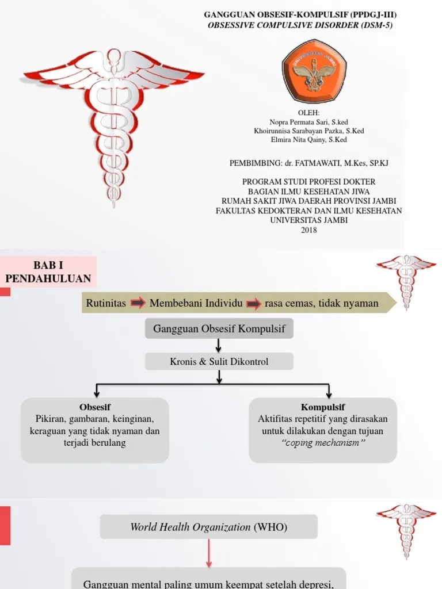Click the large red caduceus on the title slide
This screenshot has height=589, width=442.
(113, 121)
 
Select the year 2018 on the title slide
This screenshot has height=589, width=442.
(309, 230)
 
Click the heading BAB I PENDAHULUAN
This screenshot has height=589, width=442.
(48, 272)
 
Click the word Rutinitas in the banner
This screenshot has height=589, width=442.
(106, 303)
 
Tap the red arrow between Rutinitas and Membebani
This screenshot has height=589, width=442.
(138, 303)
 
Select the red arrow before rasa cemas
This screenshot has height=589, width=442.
(254, 303)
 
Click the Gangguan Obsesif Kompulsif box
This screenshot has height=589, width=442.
(219, 329)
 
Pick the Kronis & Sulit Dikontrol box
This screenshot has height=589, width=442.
(219, 362)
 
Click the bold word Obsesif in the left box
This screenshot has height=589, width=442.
(95, 407)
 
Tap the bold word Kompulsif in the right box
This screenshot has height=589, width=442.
(323, 407)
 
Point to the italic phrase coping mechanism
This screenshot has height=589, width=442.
(323, 443)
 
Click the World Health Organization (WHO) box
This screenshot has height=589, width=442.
(208, 527)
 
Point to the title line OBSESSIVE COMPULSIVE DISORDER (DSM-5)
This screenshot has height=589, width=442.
(300, 25)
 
